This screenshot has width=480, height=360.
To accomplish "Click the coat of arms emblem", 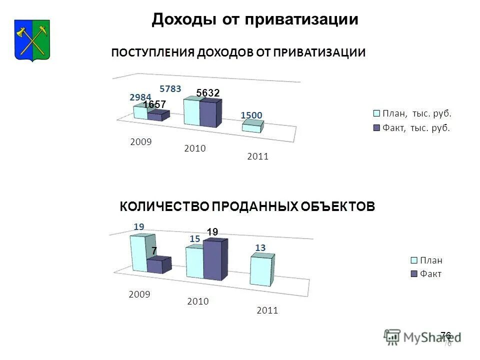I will coord(31,39).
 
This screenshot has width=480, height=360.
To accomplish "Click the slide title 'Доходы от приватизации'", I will coord(255,19).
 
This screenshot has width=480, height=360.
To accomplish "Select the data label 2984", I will coord(140,97).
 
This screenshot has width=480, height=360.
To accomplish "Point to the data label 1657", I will coord(154,105).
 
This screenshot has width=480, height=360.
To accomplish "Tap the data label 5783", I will coord(170,88).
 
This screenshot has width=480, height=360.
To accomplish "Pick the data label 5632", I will coord(208,93).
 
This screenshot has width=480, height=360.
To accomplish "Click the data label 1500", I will coord(251,115).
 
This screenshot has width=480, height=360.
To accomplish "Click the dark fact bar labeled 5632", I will coord(210,113).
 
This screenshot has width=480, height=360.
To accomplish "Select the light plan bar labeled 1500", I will coord(252,127).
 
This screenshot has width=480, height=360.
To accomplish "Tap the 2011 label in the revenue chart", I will coord(257,156).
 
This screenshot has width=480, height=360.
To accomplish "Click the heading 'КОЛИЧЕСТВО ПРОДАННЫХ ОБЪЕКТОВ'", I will coord(246,206).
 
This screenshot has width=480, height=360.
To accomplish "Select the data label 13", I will coord(260,247).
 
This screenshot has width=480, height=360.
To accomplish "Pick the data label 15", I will coord(194,239).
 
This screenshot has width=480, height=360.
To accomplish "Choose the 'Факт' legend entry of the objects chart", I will coord(426,274).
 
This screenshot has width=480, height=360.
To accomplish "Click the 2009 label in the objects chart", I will coord(139,294).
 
